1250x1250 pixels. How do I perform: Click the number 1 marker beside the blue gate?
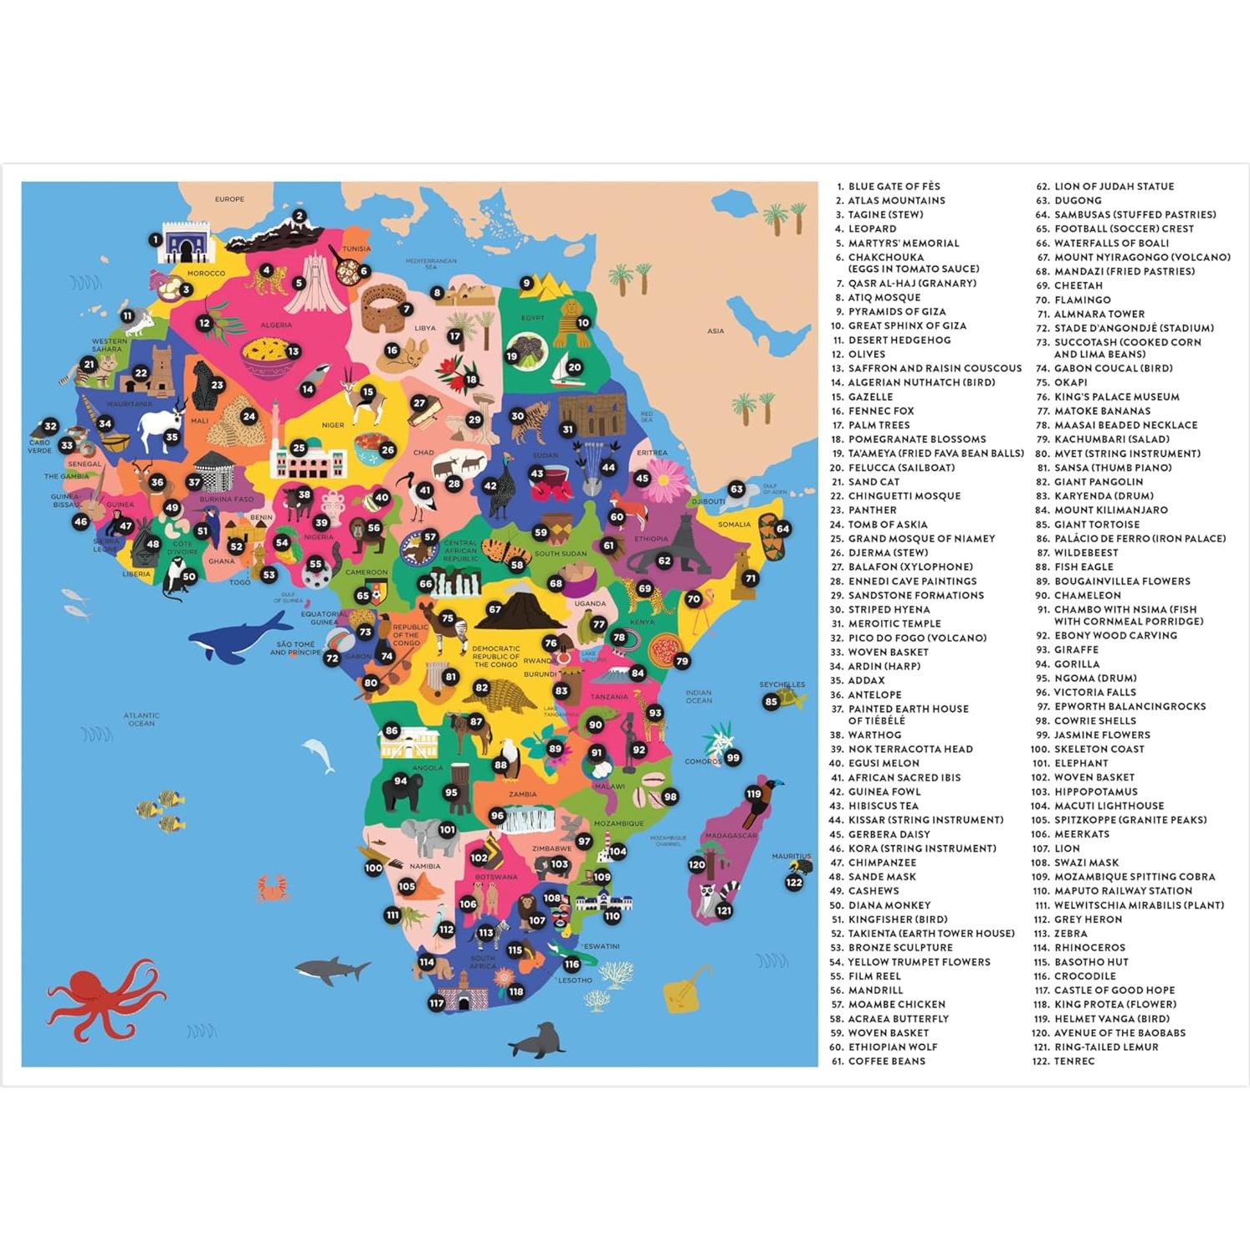click(155, 240)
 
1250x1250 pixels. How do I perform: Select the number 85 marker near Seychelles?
click(771, 702)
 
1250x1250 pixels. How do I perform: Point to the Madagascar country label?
click(730, 835)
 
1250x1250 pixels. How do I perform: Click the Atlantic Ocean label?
click(141, 719)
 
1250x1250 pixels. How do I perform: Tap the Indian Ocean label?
click(698, 696)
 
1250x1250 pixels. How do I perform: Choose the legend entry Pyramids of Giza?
click(897, 311)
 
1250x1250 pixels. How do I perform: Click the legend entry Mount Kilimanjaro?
click(1110, 510)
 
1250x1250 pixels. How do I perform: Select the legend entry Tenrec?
click(1074, 1061)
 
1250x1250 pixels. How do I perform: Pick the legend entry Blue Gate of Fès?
click(894, 187)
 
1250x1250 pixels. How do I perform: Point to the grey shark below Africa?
click(332, 969)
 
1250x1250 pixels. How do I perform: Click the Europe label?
click(229, 199)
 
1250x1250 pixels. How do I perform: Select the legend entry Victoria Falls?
click(1094, 692)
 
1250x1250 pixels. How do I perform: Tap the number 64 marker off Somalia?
click(782, 529)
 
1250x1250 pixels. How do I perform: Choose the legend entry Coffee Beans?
click(887, 1061)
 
